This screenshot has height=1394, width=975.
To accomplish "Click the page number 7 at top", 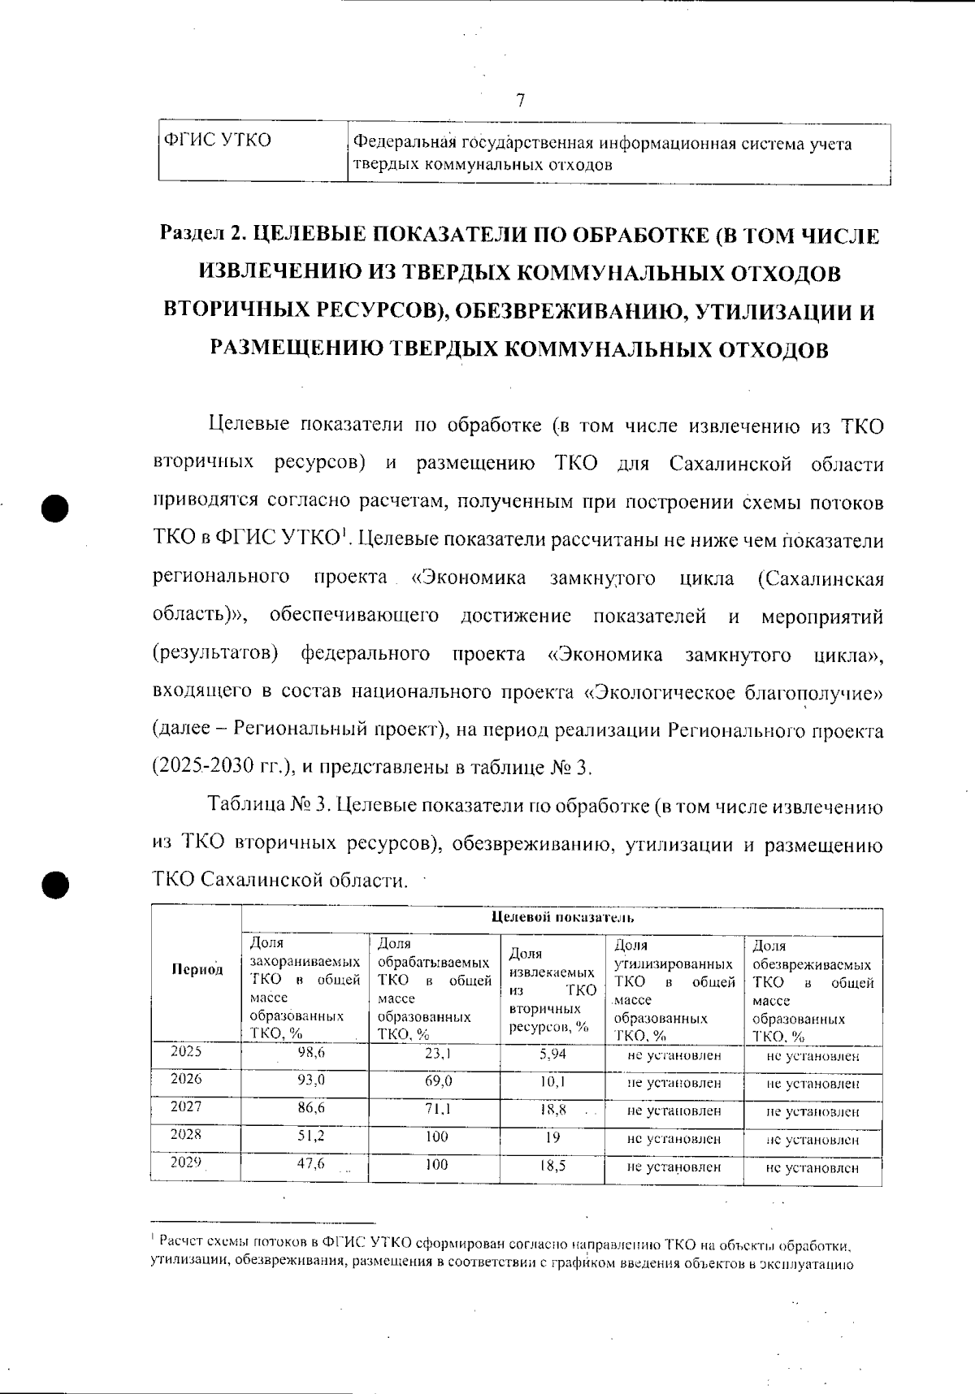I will [x=520, y=101].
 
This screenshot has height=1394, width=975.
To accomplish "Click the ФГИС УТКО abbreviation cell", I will [x=218, y=141].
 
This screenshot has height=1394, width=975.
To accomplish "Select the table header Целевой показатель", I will [x=562, y=918].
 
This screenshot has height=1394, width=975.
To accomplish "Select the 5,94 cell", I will [x=552, y=1054].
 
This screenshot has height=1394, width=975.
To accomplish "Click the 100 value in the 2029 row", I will [x=436, y=1164].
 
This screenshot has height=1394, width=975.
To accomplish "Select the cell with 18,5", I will [x=552, y=1164].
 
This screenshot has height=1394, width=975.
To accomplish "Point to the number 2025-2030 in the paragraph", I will [x=213, y=768].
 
